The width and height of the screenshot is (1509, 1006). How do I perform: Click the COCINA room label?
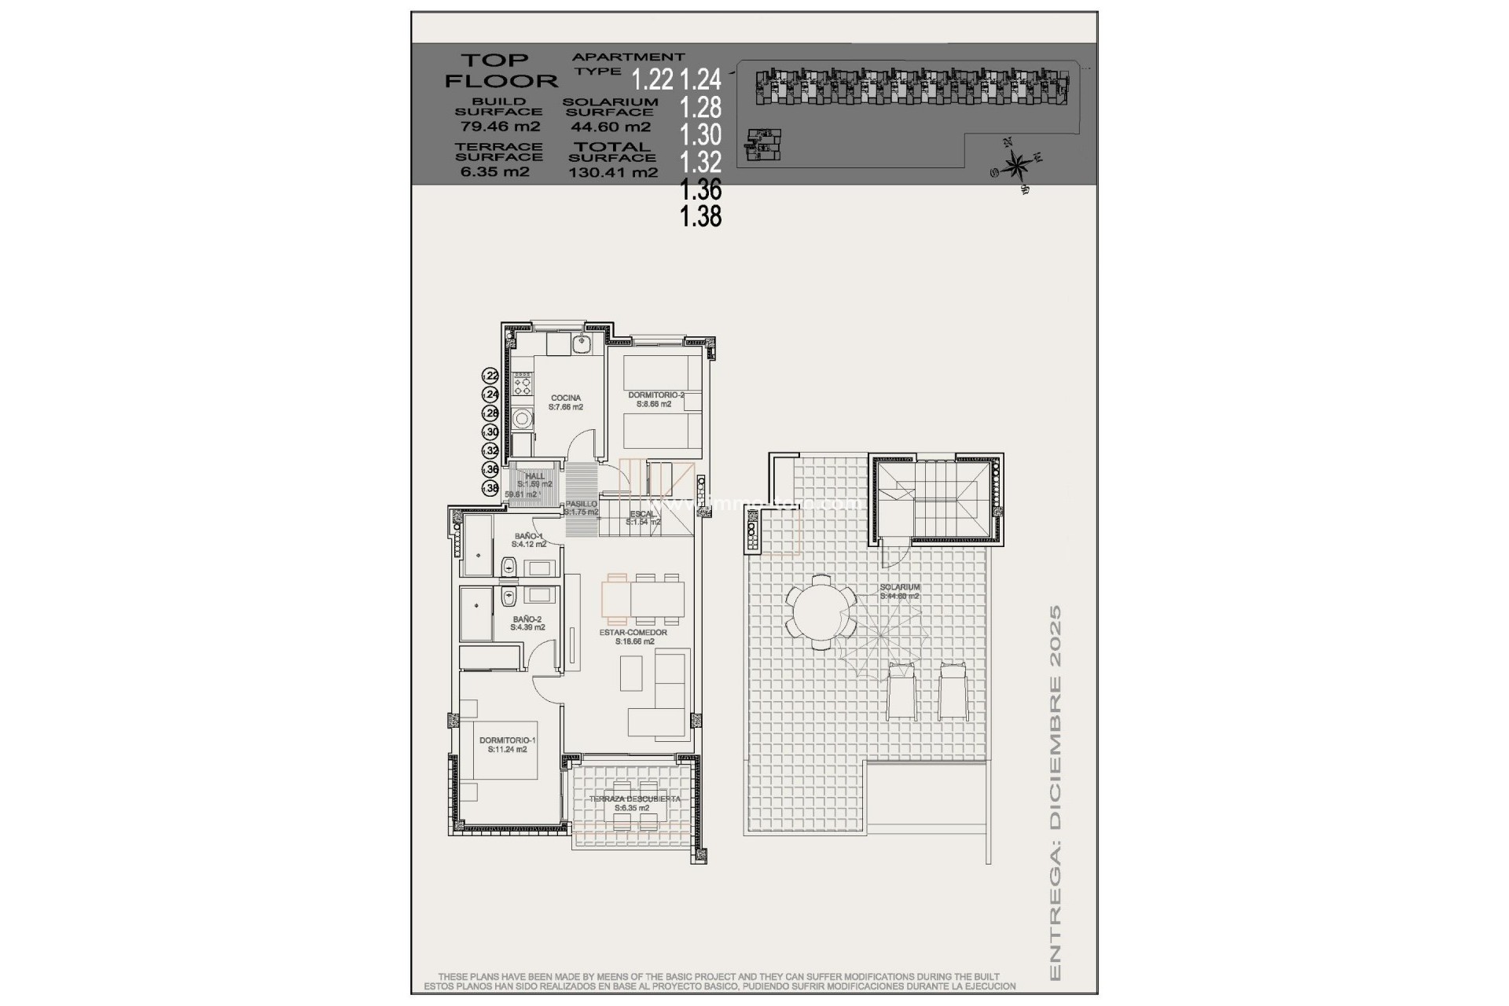coord(566,398)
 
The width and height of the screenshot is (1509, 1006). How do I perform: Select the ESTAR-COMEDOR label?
coord(633,633)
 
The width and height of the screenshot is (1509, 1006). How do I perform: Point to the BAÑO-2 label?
coord(527,619)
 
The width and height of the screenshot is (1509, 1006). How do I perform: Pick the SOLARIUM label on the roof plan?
coord(899,587)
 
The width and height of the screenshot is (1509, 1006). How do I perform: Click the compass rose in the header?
coord(1017,166)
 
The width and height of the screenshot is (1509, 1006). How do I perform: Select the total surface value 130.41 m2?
coord(613,173)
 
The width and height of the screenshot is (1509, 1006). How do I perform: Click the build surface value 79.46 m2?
coord(498,127)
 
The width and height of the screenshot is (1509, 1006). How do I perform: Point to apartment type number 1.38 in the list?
coord(700,216)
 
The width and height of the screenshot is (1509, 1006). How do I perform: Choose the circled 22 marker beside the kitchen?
coord(490,376)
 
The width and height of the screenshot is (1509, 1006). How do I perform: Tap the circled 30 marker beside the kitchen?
coord(490,432)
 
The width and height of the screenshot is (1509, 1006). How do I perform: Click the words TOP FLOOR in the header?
coord(500,70)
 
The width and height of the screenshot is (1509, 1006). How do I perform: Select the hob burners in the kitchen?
coord(521,385)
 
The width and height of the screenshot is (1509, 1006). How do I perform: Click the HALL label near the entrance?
coord(534,476)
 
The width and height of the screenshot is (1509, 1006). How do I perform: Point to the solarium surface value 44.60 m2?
coord(610,127)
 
